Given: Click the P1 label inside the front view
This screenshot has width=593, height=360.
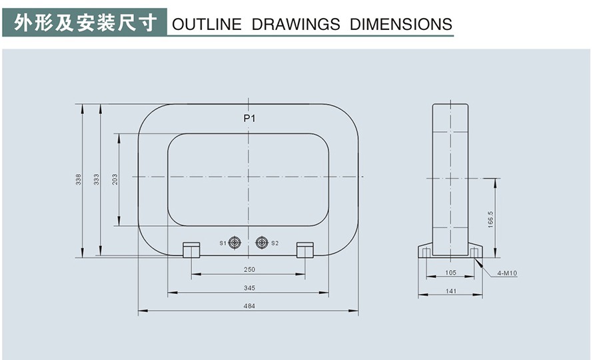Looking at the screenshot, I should (x=249, y=119).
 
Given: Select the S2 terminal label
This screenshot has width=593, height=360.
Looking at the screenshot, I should (x=275, y=243).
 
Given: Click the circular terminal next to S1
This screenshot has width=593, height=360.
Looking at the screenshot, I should (x=235, y=243).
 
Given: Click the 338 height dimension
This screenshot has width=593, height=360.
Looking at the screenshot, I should (x=78, y=179).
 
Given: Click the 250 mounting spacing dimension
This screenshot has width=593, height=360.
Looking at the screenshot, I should (x=249, y=270).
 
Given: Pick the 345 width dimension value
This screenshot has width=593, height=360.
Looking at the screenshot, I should (x=249, y=288).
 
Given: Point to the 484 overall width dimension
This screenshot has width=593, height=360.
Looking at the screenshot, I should (x=249, y=307).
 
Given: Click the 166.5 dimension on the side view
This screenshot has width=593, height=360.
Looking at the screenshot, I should (x=490, y=219).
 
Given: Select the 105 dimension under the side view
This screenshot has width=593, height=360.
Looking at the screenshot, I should (x=450, y=273).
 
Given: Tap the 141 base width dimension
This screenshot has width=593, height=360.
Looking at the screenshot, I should (x=450, y=291).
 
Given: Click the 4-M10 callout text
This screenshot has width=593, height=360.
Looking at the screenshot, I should (x=507, y=273).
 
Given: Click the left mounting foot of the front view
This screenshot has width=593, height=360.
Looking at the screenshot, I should (x=191, y=250).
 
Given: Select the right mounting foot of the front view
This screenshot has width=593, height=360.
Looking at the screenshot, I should (x=305, y=250).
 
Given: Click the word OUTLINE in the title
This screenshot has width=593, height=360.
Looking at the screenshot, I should (x=207, y=25).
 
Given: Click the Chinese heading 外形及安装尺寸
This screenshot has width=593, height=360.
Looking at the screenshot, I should (x=86, y=23).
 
